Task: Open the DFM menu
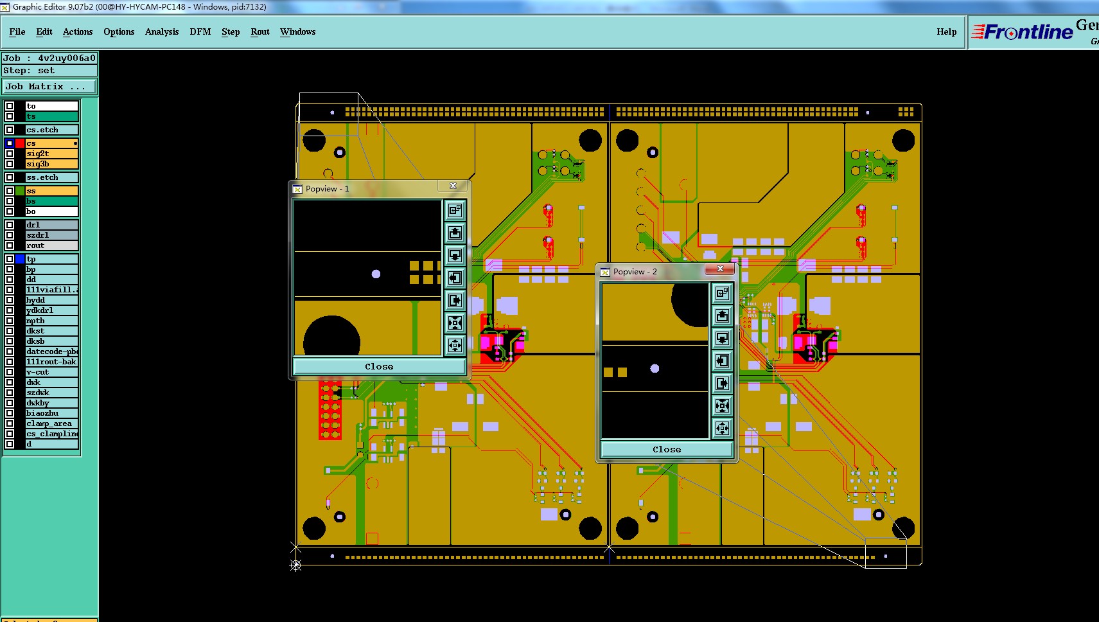(x=200, y=31)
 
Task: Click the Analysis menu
(x=162, y=31)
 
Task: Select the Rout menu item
(x=260, y=31)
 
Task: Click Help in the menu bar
(x=946, y=31)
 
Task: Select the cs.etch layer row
(x=51, y=130)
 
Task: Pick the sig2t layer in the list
(x=51, y=154)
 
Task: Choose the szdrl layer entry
(x=51, y=235)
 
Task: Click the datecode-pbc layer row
(x=51, y=351)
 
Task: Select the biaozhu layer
(x=51, y=413)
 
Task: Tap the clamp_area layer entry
(x=51, y=423)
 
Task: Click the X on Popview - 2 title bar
(x=720, y=269)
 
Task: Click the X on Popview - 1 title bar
(x=453, y=186)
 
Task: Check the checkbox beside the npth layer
(x=10, y=321)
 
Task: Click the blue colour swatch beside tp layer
(x=20, y=259)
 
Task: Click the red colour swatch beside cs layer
(x=20, y=143)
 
